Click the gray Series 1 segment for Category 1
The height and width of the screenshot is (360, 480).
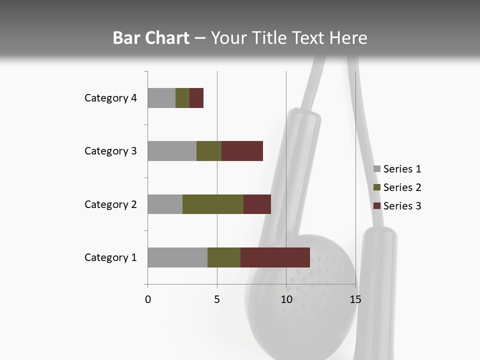177,257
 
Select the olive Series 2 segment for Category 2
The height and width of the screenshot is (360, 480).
213,204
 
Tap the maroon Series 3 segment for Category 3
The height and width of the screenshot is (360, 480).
242,151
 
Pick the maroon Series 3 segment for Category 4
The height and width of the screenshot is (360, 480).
196,98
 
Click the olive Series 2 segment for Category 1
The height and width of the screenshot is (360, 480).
224,257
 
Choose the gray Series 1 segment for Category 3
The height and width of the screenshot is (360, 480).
172,151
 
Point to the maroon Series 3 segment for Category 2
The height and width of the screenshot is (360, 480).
257,204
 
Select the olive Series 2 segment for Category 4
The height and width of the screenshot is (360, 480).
182,98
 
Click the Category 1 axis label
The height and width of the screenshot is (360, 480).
110,257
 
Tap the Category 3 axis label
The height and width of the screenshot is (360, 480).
110,151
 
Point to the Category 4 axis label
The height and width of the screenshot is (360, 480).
110,98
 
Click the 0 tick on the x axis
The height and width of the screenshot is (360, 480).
148,299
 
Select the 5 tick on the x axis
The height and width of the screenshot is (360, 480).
217,299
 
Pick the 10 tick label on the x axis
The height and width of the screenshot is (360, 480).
286,299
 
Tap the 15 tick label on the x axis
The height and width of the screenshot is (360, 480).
355,299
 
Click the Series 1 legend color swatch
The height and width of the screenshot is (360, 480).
376,169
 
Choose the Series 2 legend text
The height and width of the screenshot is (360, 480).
402,187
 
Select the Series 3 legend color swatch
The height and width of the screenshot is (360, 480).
376,206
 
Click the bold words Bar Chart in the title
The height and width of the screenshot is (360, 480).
151,38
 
